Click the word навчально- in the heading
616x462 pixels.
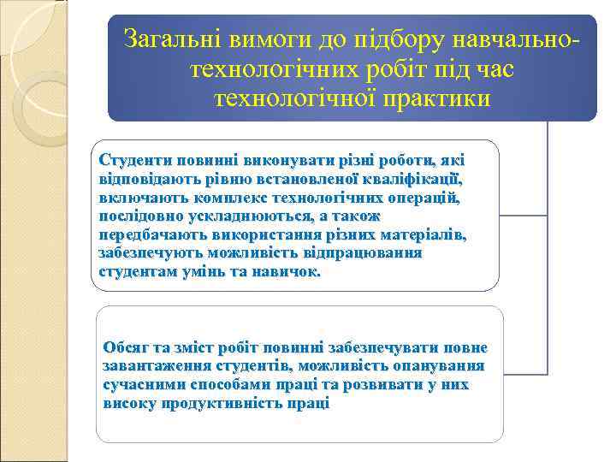(x=522, y=38)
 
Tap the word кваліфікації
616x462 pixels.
(x=407, y=179)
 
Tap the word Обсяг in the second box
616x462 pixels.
(x=125, y=347)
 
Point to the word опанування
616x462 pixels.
(x=443, y=366)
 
